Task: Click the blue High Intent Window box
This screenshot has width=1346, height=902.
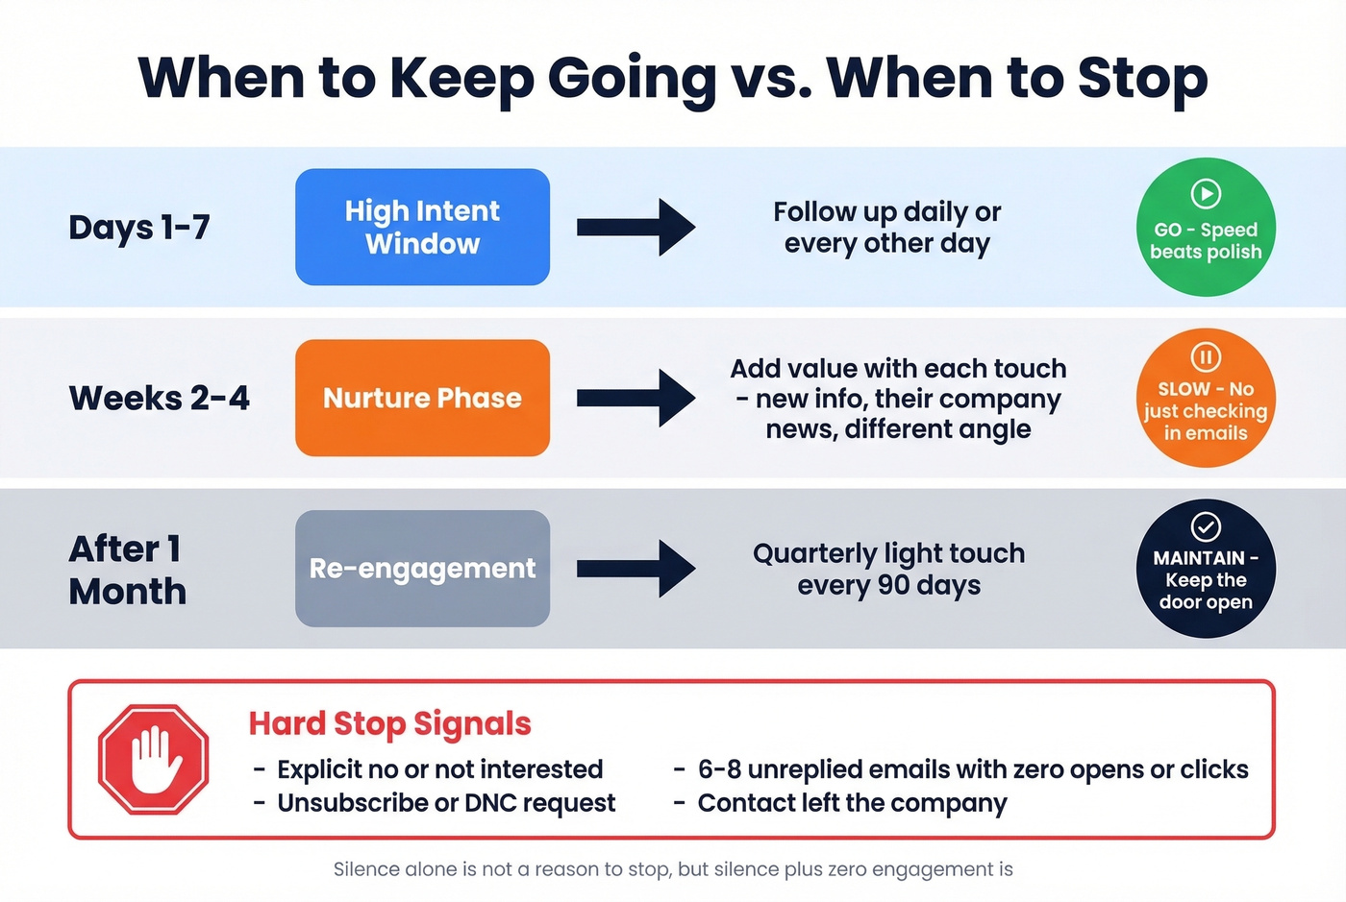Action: (x=422, y=227)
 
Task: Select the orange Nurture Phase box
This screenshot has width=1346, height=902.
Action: (x=422, y=398)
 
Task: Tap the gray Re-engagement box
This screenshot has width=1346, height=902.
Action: (x=422, y=569)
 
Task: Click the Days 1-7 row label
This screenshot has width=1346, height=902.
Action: (x=139, y=228)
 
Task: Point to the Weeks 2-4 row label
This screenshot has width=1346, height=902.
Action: (x=159, y=398)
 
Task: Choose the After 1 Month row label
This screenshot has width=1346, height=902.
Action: (x=128, y=570)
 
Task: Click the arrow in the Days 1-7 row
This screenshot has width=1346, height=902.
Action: (x=636, y=227)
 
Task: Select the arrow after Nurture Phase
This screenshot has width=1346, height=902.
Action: (x=636, y=398)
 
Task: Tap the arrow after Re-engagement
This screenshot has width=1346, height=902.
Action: (x=636, y=569)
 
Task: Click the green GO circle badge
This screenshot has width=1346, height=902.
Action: (x=1206, y=228)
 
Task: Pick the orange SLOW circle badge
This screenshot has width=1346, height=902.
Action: (x=1206, y=398)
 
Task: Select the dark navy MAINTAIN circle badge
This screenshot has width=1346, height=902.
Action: (x=1206, y=569)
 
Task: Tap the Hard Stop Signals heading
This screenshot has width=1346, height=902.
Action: (x=389, y=723)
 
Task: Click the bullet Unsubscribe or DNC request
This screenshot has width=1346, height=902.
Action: (x=445, y=803)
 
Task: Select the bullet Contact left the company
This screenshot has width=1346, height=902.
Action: (x=852, y=803)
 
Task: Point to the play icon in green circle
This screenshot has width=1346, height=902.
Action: (x=1206, y=194)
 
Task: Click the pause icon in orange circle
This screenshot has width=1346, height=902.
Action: (x=1206, y=357)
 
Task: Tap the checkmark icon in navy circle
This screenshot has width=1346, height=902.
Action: (x=1206, y=526)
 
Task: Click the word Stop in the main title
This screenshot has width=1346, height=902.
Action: (x=1142, y=79)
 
